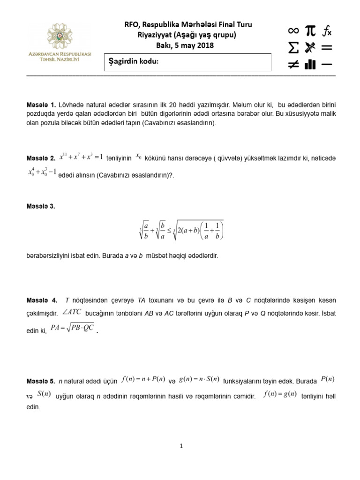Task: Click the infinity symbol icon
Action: pyautogui.click(x=293, y=31)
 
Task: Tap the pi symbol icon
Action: pyautogui.click(x=310, y=31)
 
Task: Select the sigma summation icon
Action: pyautogui.click(x=293, y=47)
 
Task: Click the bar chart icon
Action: pyautogui.click(x=310, y=64)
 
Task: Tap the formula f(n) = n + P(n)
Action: pyautogui.click(x=142, y=379)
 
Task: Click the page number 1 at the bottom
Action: pyautogui.click(x=181, y=446)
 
